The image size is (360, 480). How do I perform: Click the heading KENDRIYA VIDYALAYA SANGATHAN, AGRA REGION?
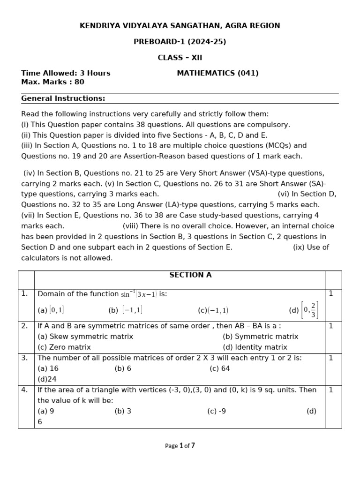[180, 26]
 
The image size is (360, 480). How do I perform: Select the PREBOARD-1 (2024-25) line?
[180, 42]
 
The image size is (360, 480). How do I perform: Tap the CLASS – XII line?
[180, 58]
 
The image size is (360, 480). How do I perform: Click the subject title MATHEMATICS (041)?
[217, 73]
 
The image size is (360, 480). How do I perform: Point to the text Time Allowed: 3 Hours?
[66, 73]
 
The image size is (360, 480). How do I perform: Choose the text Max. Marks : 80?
[52, 82]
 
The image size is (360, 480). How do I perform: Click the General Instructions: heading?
[63, 98]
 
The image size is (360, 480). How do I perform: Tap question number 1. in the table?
[25, 293]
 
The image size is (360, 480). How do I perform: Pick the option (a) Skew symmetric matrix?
[85, 337]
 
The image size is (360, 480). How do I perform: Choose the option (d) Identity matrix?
[255, 347]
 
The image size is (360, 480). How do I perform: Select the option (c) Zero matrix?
[64, 347]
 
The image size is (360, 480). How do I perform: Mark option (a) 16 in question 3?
[48, 368]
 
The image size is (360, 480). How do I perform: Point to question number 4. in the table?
[25, 390]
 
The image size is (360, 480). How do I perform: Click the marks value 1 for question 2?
[331, 326]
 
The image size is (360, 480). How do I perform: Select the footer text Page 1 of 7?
[180, 446]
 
